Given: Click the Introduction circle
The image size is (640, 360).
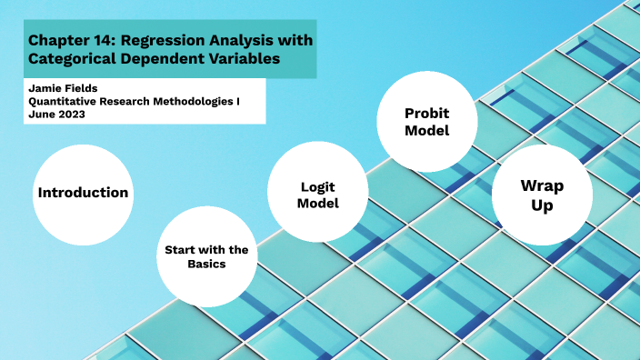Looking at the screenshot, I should [83, 194].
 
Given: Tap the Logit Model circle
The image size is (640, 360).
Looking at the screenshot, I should [318, 195].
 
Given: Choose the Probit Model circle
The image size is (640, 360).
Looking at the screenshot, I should [426, 122].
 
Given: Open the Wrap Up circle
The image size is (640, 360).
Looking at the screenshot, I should [541, 195].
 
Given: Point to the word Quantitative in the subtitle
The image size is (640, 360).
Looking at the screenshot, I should [65, 101].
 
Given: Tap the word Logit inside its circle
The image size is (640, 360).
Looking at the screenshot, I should [318, 186].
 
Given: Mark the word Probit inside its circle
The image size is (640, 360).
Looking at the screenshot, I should [426, 113].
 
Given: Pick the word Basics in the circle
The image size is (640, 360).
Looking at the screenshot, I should [206, 265].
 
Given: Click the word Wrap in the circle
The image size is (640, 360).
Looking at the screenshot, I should [541, 185].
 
